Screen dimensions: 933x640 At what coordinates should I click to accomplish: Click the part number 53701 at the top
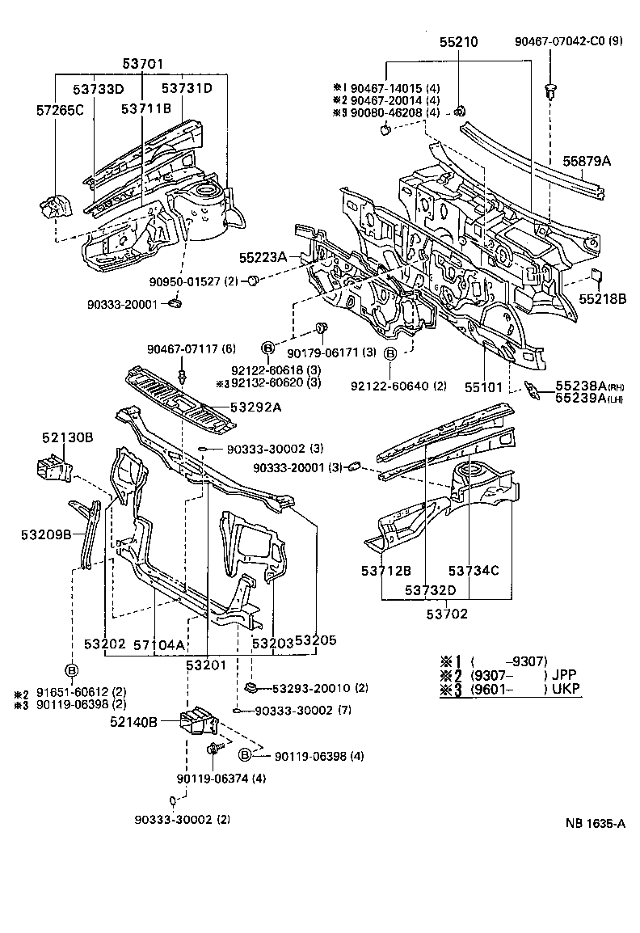[142, 62]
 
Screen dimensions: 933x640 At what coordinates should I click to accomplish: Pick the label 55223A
[263, 257]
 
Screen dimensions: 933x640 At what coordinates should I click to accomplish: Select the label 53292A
[255, 407]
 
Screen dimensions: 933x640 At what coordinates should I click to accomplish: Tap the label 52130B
[68, 437]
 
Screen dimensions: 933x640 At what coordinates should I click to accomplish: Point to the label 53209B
[46, 534]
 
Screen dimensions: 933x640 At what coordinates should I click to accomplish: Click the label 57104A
[159, 644]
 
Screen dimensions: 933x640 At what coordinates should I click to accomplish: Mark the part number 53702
[446, 614]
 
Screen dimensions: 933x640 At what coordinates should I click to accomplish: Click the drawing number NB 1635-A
[596, 824]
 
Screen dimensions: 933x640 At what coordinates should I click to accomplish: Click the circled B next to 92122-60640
[389, 353]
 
